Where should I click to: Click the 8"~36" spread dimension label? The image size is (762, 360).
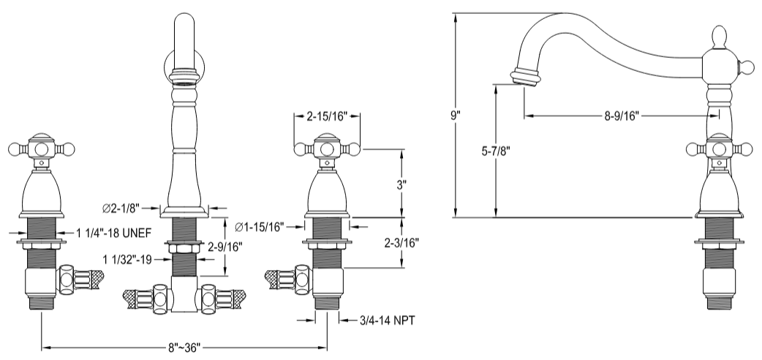(x=184, y=346)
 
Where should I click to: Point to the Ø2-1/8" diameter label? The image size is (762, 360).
(x=121, y=209)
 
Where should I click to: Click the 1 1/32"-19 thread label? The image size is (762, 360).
(x=127, y=260)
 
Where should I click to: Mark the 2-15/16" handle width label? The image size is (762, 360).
(x=327, y=116)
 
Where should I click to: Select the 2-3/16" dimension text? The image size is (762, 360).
(x=401, y=242)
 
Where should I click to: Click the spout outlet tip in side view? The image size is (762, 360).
(x=524, y=77)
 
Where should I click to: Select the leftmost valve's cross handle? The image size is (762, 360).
(x=40, y=149)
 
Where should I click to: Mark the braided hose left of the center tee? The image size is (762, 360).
(x=140, y=299)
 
